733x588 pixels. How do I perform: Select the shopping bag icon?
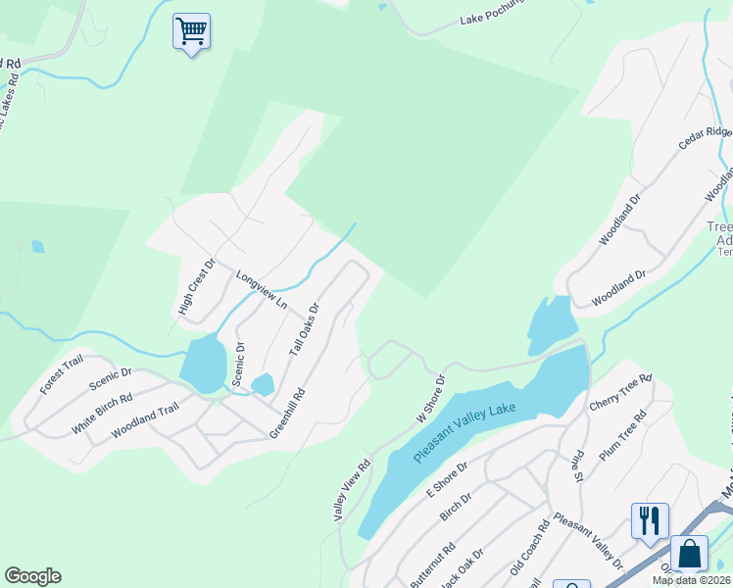click(x=690, y=553)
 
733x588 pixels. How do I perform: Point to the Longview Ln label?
click(x=262, y=290)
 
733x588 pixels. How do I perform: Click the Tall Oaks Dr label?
click(x=304, y=329)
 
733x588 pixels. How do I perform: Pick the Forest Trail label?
click(x=62, y=375)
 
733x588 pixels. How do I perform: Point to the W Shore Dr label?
click(x=430, y=398)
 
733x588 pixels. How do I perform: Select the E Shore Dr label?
click(x=447, y=480)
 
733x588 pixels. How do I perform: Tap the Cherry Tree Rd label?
click(x=620, y=392)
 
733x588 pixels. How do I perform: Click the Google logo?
click(x=32, y=576)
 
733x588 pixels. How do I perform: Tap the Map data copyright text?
click(x=692, y=580)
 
